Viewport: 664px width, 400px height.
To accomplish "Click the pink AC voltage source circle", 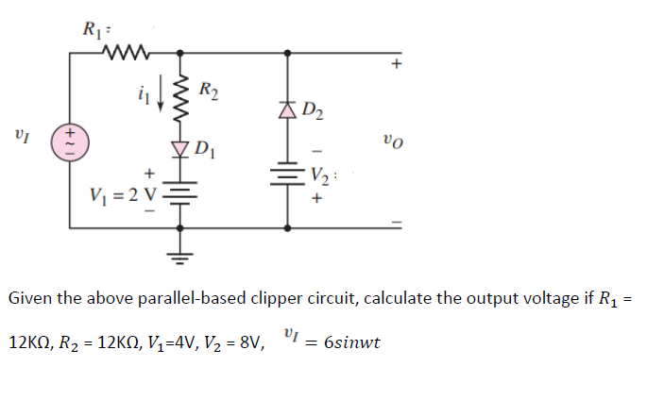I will [x=69, y=142].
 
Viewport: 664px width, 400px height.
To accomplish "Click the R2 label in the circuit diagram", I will [x=210, y=92].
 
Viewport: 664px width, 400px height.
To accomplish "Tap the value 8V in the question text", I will [x=250, y=342].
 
